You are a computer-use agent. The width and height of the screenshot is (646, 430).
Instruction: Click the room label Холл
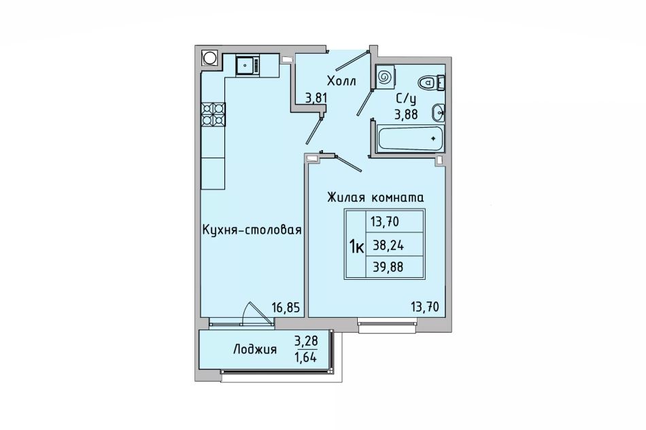341,81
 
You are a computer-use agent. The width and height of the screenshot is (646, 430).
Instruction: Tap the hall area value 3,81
316,98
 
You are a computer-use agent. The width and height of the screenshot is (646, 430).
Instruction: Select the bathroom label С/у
407,99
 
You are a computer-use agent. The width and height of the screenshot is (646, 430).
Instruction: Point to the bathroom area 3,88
407,114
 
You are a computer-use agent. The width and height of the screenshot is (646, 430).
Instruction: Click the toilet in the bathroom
431,83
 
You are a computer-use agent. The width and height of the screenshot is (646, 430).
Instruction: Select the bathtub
410,139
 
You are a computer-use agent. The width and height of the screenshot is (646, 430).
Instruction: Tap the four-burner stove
213,114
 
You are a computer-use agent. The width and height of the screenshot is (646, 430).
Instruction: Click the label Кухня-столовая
252,230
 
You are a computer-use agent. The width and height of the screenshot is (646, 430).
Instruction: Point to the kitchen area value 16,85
286,307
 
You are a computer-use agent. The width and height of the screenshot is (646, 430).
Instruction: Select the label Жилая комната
375,198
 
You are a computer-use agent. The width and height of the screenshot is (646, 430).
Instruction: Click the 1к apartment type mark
356,247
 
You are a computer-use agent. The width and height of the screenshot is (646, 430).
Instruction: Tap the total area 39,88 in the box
388,268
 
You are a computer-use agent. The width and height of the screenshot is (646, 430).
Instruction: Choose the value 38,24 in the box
388,246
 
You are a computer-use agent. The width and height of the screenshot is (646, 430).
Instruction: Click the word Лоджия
255,350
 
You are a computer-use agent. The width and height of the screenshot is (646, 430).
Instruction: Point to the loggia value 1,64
305,357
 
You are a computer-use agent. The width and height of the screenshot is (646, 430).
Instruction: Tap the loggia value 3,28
306,341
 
